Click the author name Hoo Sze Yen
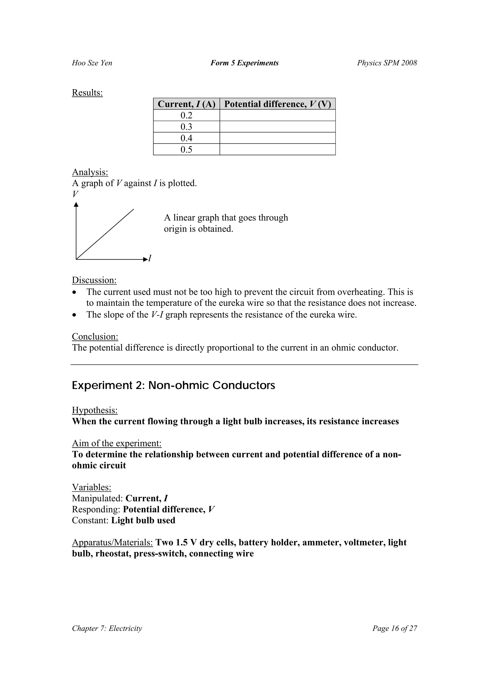coord(92,63)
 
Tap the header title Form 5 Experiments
coord(244,63)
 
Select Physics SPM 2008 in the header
coord(387,63)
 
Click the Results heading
coord(87,93)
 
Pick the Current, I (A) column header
coord(186,104)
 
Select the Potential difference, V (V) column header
coord(277,104)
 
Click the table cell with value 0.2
coord(186,115)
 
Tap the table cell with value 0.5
coord(186,150)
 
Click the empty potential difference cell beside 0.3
coord(277,127)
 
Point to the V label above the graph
coord(75,194)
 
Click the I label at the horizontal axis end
coord(149,258)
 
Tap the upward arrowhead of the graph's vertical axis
coord(76,205)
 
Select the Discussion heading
coord(94,280)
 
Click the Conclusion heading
coord(95,337)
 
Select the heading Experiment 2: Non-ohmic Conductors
coord(173,385)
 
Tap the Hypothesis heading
coord(95,410)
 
